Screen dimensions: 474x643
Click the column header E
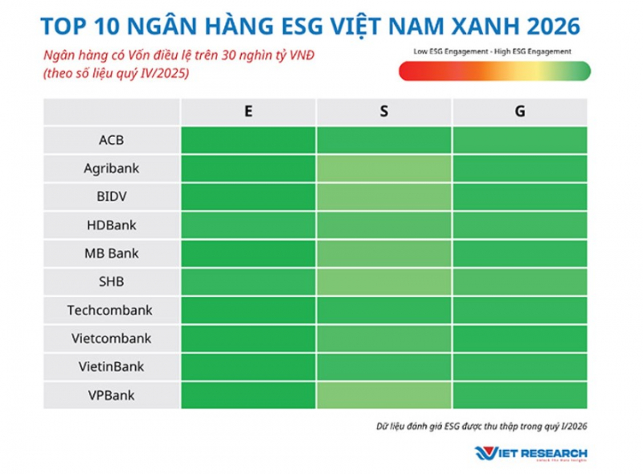coord(248,112)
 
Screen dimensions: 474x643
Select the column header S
coord(383,112)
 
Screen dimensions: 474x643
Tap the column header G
coord(520,112)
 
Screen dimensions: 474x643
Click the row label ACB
coord(112,140)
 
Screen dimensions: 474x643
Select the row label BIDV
coord(112,196)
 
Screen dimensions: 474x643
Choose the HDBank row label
coord(112,225)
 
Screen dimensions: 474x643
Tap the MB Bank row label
coord(112,253)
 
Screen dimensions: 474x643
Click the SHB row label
coord(112,281)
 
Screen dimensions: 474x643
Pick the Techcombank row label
coord(112,309)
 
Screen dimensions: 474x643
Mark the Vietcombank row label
coord(112,338)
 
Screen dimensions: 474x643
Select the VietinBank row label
coord(112,366)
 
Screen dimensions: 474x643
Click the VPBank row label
coord(112,394)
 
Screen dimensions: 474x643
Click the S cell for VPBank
coord(383,394)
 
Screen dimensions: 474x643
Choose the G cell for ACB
coord(520,140)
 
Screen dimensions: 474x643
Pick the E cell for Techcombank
coord(248,309)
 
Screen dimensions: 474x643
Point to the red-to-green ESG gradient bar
coord(494,72)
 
